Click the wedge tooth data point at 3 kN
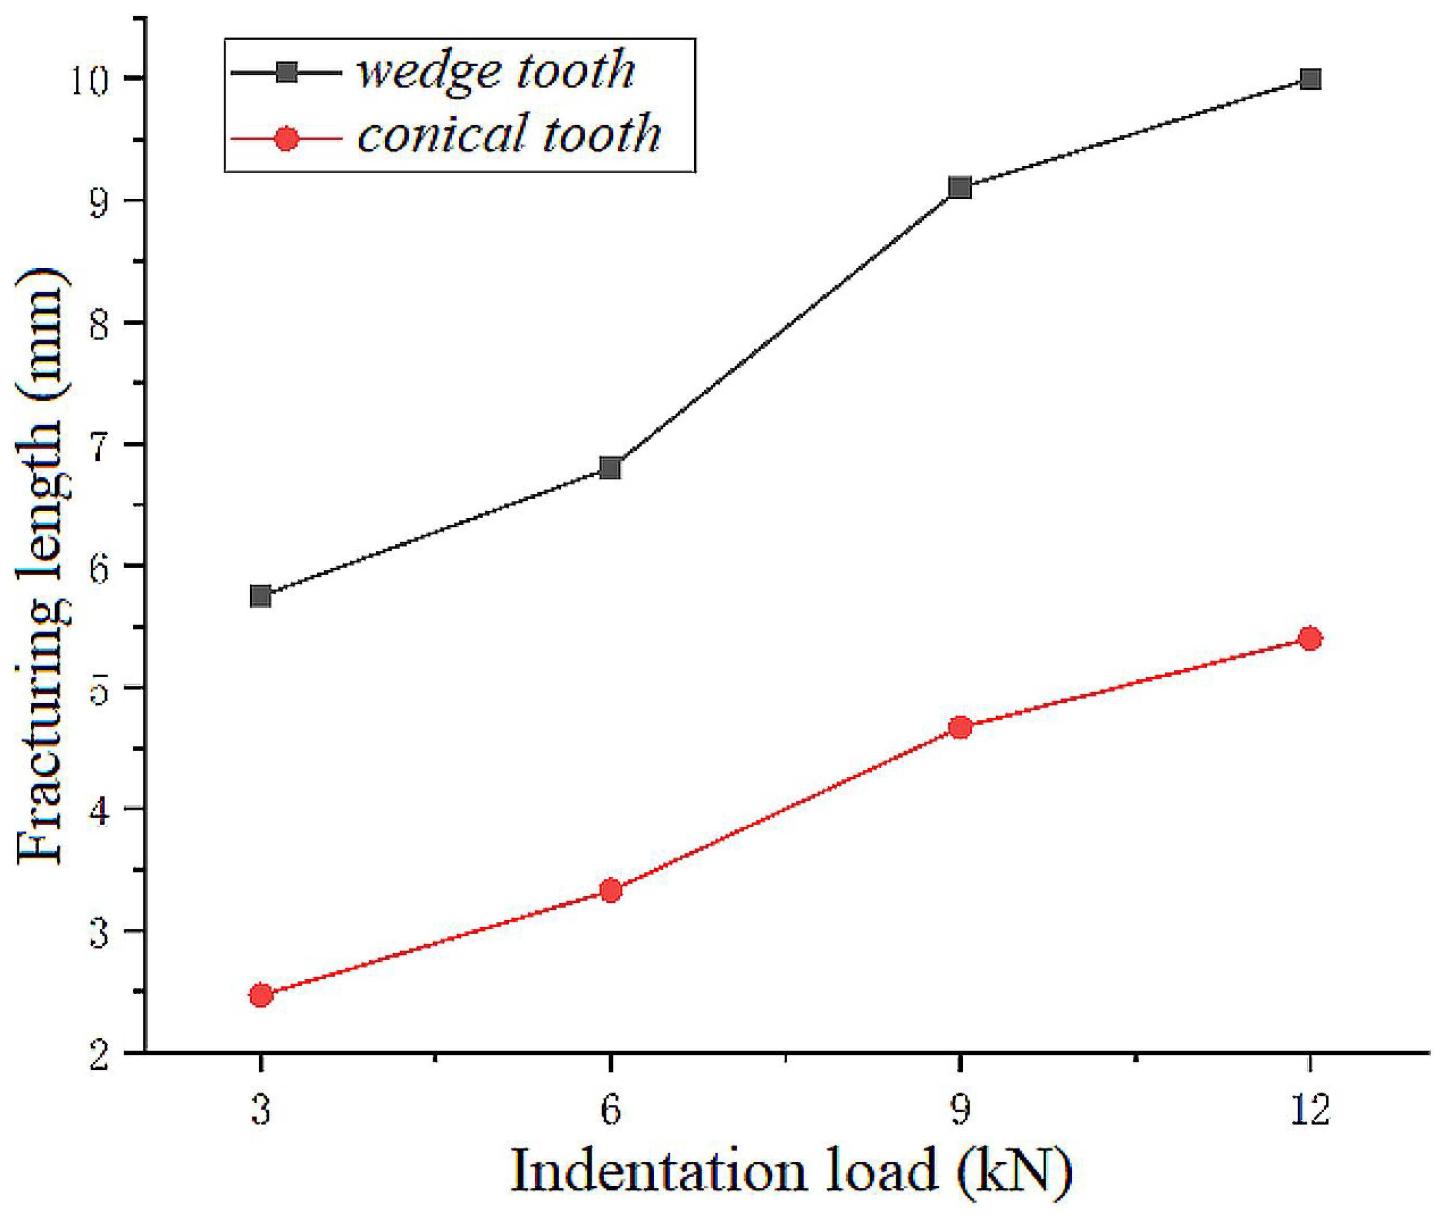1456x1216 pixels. pos(261,596)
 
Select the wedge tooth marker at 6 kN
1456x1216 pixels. pos(610,467)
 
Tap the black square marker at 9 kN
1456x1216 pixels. pos(960,187)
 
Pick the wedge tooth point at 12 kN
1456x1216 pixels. pos(1310,79)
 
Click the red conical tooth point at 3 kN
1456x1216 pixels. pos(261,995)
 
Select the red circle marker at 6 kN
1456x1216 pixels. pos(610,890)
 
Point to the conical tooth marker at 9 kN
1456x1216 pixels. pos(960,727)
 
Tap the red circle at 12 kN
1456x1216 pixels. pos(1310,638)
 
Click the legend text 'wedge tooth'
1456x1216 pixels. pos(495,71)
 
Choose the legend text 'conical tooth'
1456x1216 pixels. pos(508,135)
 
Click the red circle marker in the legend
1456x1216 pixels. pos(286,139)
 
